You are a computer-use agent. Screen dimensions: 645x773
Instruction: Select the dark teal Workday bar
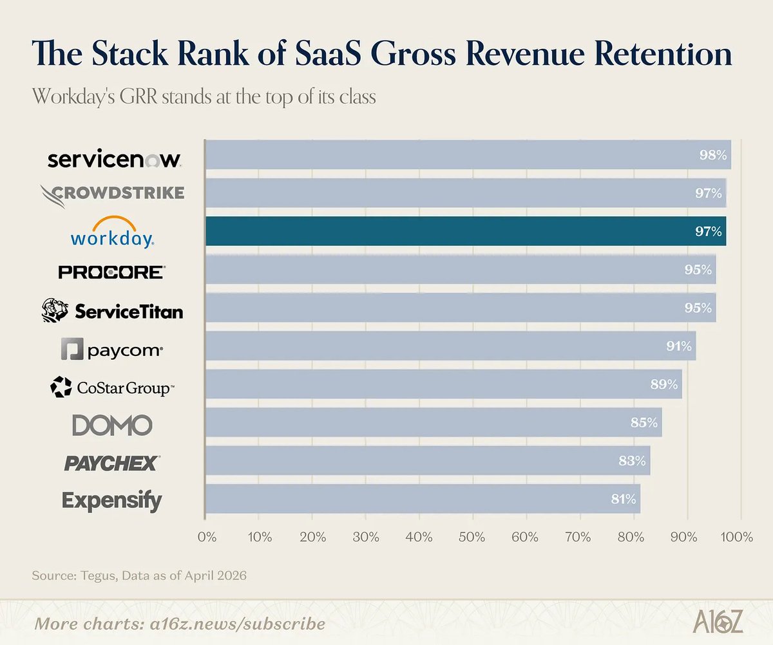pyautogui.click(x=465, y=231)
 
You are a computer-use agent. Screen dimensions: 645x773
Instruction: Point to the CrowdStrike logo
pyautogui.click(x=112, y=192)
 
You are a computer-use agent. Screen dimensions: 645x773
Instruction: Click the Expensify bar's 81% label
pyautogui.click(x=623, y=499)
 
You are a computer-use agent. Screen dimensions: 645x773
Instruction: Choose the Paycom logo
pyautogui.click(x=112, y=350)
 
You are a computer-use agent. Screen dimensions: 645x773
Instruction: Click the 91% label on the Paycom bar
pyautogui.click(x=679, y=346)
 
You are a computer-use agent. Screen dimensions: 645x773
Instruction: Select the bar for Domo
pyautogui.click(x=433, y=423)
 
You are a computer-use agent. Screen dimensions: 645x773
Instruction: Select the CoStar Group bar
pyautogui.click(x=443, y=384)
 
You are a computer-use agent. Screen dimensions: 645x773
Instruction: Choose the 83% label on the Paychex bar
pyautogui.click(x=632, y=461)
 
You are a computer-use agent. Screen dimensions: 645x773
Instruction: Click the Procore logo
pyautogui.click(x=112, y=272)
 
